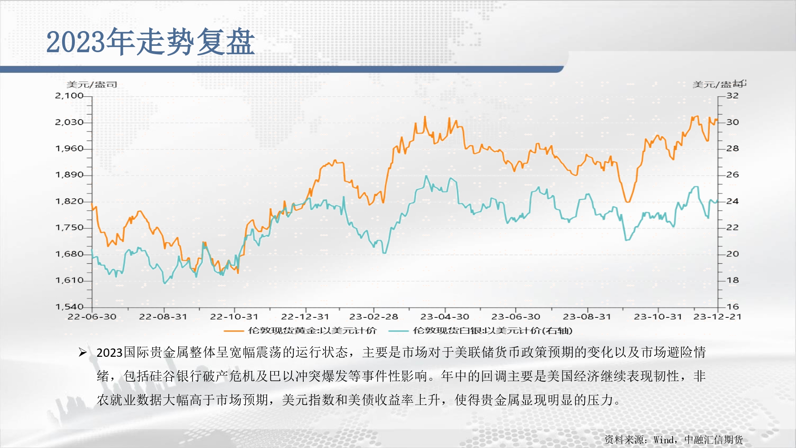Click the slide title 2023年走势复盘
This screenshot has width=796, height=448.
(x=150, y=41)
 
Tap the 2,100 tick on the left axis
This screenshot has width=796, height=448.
(x=69, y=96)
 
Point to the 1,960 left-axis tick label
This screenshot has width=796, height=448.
(x=69, y=149)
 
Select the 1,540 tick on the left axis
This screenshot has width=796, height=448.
(x=69, y=307)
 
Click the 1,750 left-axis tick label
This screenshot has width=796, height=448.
(x=69, y=227)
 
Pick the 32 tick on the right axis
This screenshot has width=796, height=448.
(x=732, y=96)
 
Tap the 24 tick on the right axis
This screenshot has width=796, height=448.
(x=732, y=201)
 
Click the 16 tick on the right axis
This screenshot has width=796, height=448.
(x=732, y=307)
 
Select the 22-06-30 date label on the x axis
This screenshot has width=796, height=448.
(x=92, y=317)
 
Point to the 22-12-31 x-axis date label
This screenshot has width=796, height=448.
(x=305, y=317)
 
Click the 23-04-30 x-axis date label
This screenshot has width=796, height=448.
(x=445, y=317)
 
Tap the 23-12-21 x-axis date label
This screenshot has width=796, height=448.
(x=717, y=317)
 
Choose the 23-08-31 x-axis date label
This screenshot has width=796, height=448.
(x=587, y=317)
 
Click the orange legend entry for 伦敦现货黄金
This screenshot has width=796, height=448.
(x=300, y=331)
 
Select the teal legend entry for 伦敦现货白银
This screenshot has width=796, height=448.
(x=480, y=331)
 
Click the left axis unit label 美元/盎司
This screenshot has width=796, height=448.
(x=92, y=84)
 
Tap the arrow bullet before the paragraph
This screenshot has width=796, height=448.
(x=82, y=352)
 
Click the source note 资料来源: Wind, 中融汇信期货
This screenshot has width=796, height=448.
(x=673, y=440)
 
